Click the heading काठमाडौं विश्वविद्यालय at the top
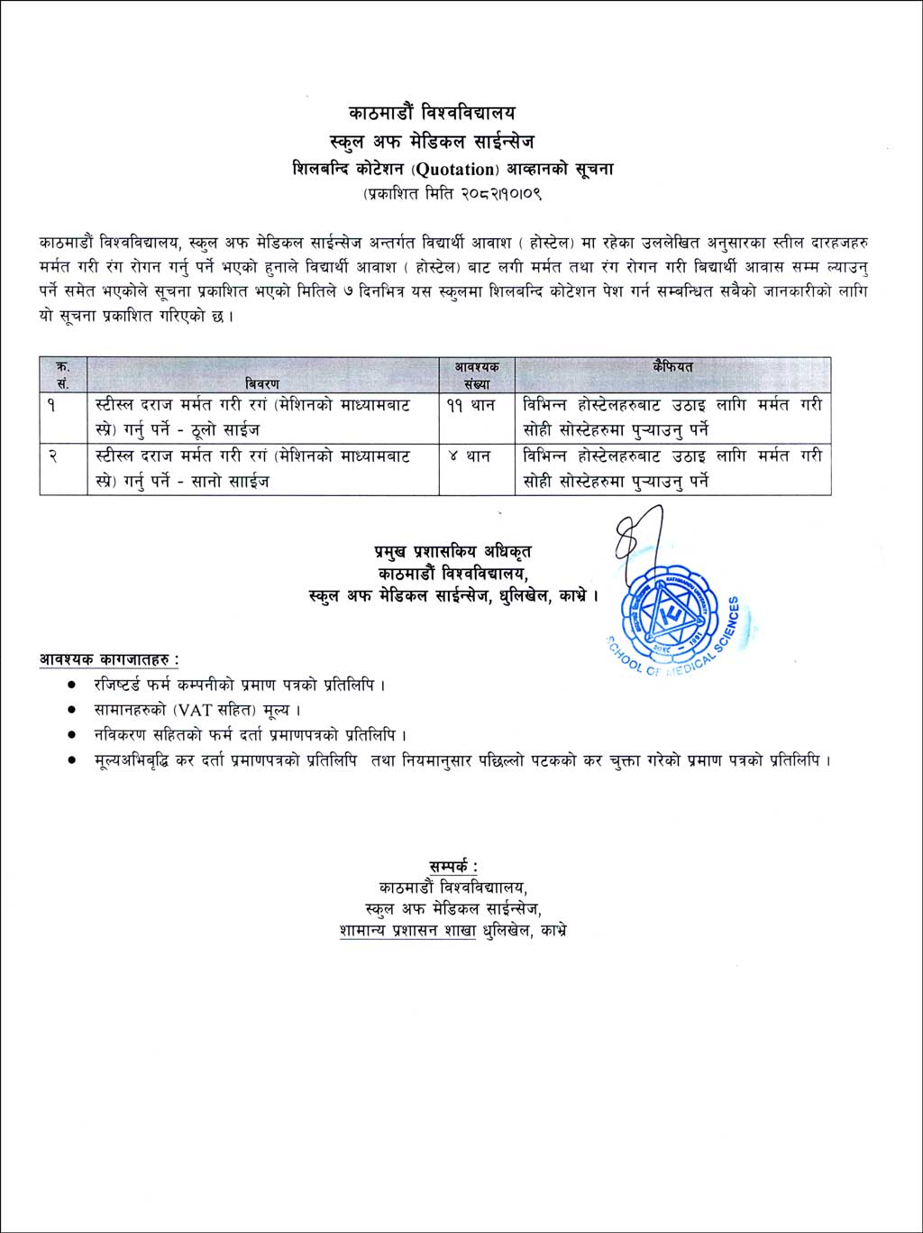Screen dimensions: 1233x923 pyautogui.click(x=432, y=114)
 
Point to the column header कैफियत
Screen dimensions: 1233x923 pyautogui.click(x=672, y=367)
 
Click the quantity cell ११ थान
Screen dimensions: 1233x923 pyautogui.click(x=470, y=406)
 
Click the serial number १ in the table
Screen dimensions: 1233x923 pyautogui.click(x=52, y=406)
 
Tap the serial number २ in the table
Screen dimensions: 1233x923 pyautogui.click(x=52, y=456)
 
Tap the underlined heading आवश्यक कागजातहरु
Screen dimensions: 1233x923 pyautogui.click(x=108, y=659)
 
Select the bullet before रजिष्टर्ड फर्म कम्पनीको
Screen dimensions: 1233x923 pyautogui.click(x=71, y=685)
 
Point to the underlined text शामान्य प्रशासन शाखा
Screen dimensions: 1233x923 pyautogui.click(x=407, y=931)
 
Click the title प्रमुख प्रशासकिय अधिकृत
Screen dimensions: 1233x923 pyautogui.click(x=452, y=551)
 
